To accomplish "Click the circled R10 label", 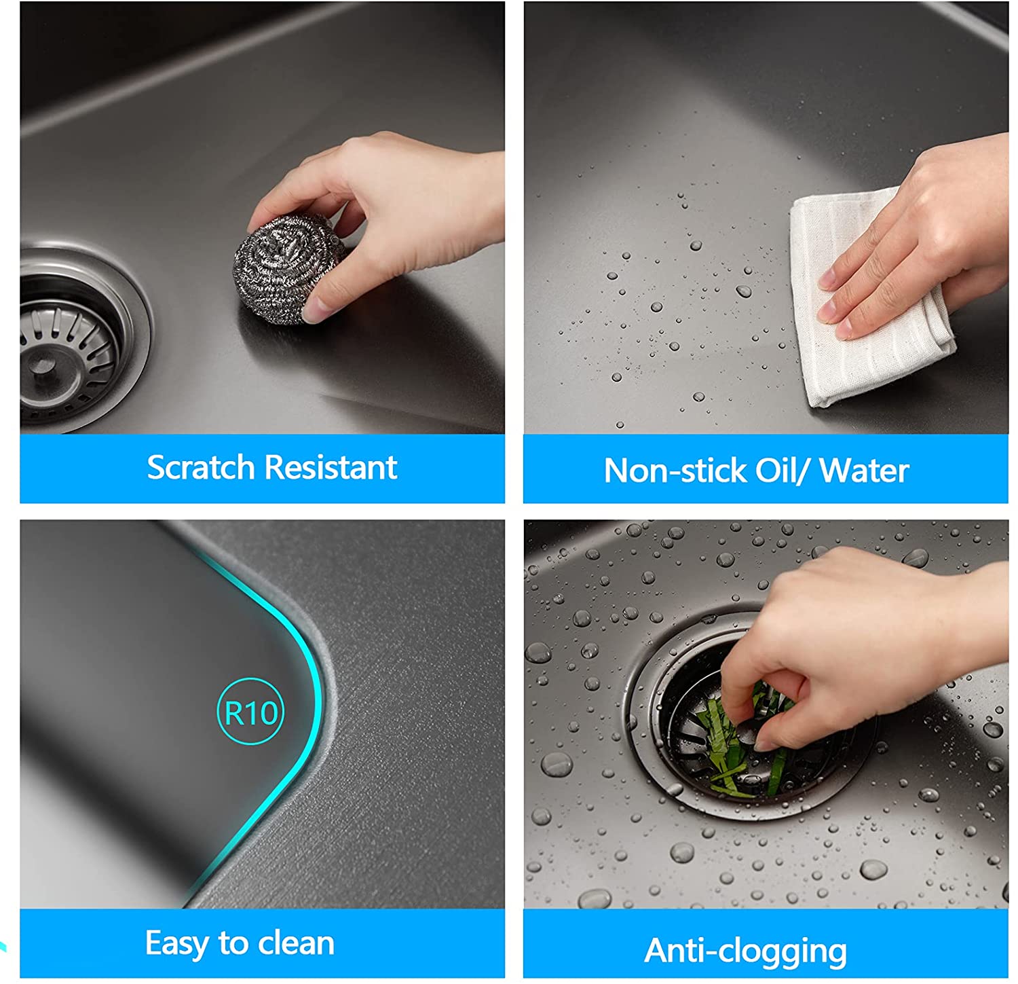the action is pos(250,712).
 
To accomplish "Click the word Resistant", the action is pos(331,467).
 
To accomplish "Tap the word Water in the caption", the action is pos(864,470).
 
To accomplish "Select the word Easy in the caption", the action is pos(178,944).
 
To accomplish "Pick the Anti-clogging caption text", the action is pos(746,950).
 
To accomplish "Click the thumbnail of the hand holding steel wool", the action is pos(262,217).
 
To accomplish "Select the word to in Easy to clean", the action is pos(234,944).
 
